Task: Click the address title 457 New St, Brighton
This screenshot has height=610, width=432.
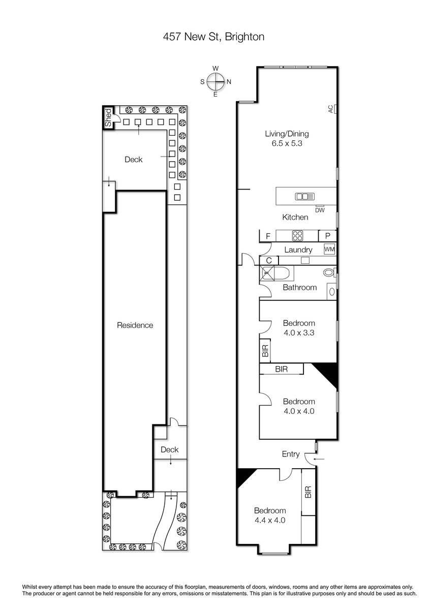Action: click(x=213, y=37)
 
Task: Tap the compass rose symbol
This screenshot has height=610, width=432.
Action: click(x=215, y=81)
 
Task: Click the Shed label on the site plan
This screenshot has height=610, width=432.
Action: click(x=108, y=117)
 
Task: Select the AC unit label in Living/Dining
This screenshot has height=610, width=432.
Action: click(x=330, y=109)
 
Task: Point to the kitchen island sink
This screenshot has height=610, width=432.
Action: click(x=304, y=196)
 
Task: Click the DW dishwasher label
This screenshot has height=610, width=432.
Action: click(x=320, y=210)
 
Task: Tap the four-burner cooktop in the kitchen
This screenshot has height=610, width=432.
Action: click(x=297, y=235)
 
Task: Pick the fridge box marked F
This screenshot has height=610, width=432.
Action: click(x=267, y=236)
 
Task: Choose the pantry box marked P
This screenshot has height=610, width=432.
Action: click(x=327, y=236)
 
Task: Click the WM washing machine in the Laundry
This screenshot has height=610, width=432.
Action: click(x=329, y=249)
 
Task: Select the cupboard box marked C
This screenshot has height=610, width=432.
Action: click(x=269, y=260)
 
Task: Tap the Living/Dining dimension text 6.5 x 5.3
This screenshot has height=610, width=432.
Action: click(x=287, y=143)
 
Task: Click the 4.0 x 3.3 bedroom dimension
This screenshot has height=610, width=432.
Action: click(x=299, y=332)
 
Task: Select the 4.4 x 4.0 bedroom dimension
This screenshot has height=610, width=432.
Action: click(x=270, y=520)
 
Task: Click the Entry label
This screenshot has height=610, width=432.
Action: click(x=291, y=454)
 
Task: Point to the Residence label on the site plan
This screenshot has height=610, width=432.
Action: click(x=135, y=325)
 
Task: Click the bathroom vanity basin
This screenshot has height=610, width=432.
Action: click(x=332, y=292)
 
